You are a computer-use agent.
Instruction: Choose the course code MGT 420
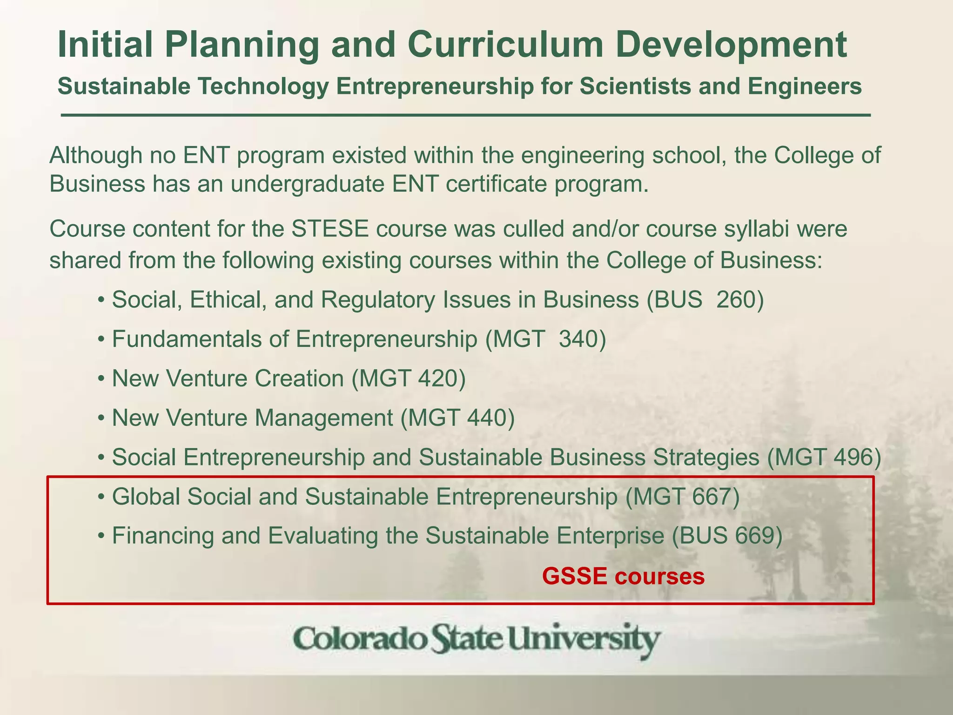409,378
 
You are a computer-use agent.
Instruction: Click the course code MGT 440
457,418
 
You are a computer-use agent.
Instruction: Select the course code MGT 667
682,497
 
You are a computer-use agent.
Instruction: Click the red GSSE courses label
623,577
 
